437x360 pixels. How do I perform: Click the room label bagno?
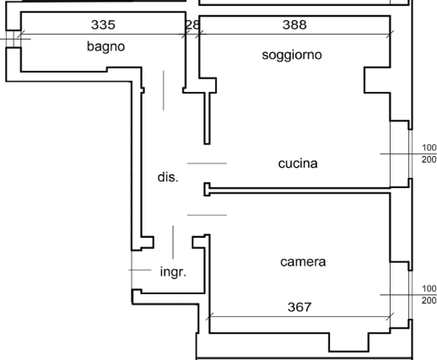coord(105,46)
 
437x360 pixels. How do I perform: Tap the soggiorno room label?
coord(292,55)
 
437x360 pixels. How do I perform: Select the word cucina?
coord(298,164)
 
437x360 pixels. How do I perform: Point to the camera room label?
coord(303,262)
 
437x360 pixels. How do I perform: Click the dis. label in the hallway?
coord(168,177)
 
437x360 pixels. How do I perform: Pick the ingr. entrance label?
coord(173,272)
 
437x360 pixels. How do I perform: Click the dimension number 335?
coord(103,24)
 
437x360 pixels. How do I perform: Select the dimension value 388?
coord(294,24)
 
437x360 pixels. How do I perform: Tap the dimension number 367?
coord(299,307)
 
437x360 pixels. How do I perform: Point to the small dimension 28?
coord(192,25)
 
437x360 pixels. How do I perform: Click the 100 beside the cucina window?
coord(429,148)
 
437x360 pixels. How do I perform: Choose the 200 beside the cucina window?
coord(429,159)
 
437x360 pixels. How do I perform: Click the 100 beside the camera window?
coord(429,288)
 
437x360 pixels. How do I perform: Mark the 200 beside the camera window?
coord(429,300)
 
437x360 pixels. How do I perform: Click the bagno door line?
coord(164,90)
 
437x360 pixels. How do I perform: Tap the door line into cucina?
coord(207,164)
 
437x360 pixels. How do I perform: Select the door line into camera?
coord(207,215)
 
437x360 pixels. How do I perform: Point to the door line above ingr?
coord(173,242)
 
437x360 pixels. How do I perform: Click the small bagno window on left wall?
coord(13,39)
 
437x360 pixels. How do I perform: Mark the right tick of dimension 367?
coord(390,316)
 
